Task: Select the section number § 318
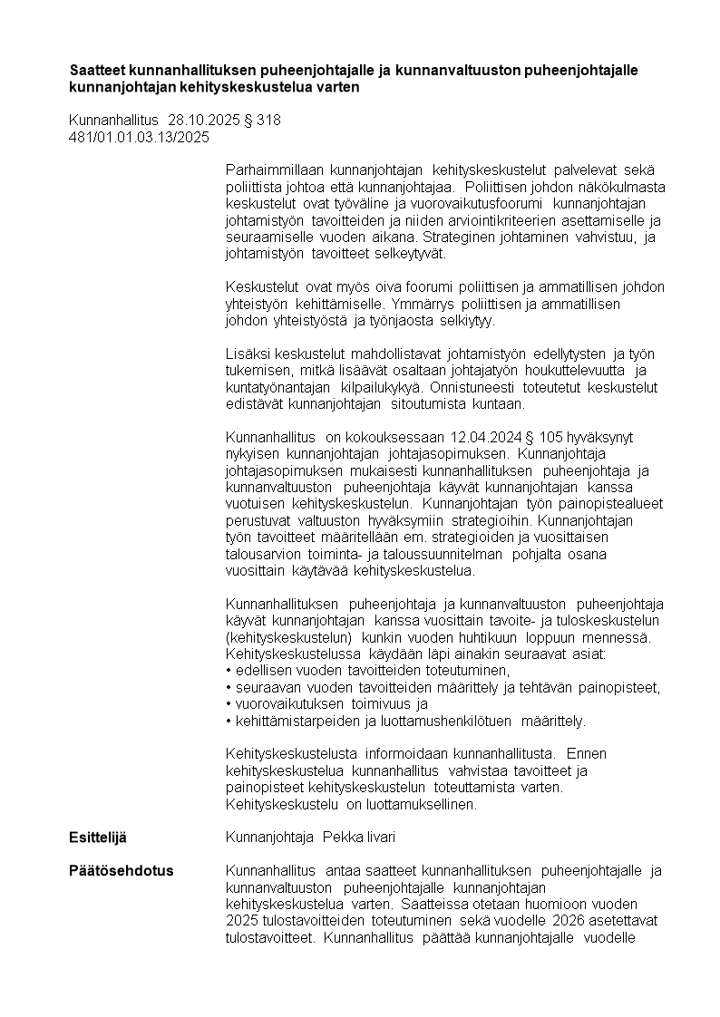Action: coord(262,121)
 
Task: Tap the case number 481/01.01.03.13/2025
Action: coord(139,138)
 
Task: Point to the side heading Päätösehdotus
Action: coord(121,871)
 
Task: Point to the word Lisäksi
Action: coord(247,354)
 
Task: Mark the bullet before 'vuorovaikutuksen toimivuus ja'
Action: coord(229,704)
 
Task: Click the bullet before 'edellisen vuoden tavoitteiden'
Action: coord(229,671)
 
